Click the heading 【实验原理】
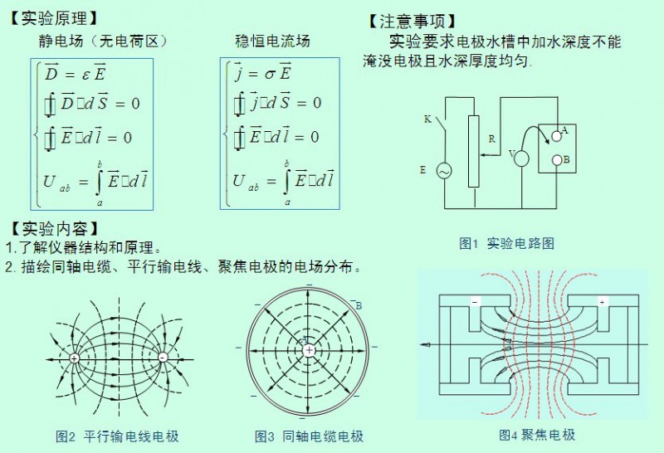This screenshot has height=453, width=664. click(53, 17)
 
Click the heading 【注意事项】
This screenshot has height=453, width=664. click(412, 21)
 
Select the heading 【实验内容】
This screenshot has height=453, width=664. click(53, 227)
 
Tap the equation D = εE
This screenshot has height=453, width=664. click(76, 74)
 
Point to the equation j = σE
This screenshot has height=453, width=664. click(261, 74)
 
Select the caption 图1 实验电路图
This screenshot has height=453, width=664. click(506, 243)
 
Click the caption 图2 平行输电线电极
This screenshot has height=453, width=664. click(117, 436)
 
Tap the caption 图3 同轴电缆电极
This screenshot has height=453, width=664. click(309, 436)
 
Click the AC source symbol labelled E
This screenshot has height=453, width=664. click(443, 171)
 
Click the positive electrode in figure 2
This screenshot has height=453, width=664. click(75, 358)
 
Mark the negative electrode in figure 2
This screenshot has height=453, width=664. click(162, 358)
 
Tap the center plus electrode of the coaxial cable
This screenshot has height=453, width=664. click(309, 351)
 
